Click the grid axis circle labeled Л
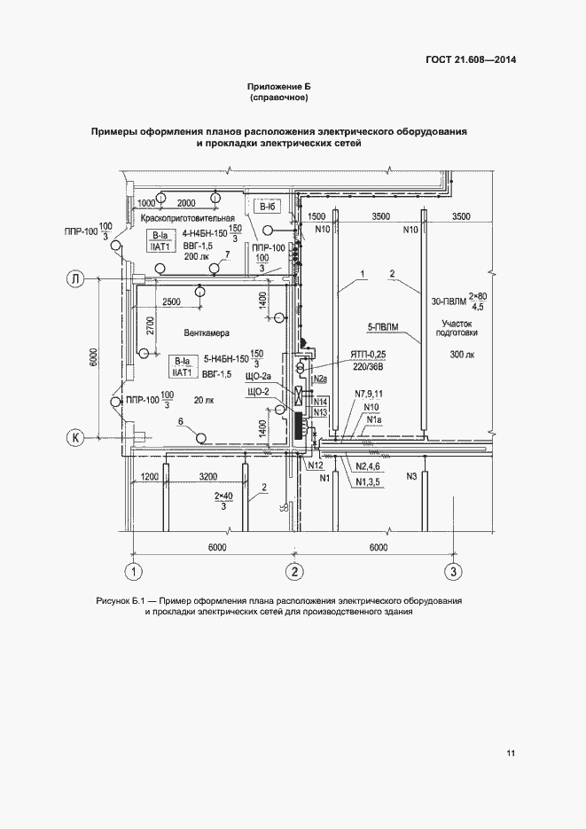75,278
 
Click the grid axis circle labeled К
75,437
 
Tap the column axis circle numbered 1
134,572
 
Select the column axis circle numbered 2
295,572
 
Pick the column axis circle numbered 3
453,572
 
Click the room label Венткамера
207,333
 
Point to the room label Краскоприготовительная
188,217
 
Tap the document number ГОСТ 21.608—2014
471,59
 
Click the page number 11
511,753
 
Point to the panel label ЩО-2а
258,377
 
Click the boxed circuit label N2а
320,379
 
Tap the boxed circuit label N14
321,401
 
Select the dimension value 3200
208,476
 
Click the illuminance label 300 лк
463,355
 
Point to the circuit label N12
316,465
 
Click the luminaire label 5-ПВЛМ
383,328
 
